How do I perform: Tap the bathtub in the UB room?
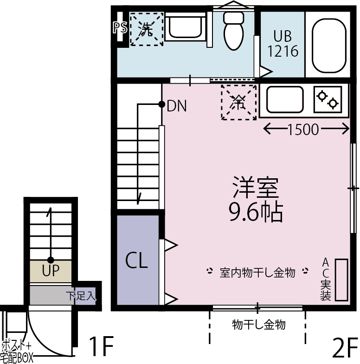point(329,45)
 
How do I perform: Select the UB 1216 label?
point(283,44)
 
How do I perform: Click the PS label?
point(120,27)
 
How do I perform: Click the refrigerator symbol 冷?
point(239,102)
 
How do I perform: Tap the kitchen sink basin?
point(285,99)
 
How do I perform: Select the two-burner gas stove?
point(328,99)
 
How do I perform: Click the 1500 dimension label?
point(303,130)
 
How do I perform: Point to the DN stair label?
point(177,106)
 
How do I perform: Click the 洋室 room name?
point(256,188)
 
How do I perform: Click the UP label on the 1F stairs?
point(51,270)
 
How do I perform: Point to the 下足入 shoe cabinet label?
point(81,295)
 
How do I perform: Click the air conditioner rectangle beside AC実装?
point(341,279)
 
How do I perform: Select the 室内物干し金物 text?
point(257,273)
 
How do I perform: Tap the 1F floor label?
point(101,346)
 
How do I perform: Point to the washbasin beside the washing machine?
point(186,27)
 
